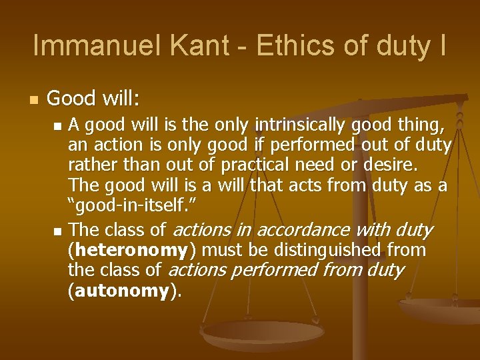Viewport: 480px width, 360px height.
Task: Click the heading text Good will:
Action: (93, 100)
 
